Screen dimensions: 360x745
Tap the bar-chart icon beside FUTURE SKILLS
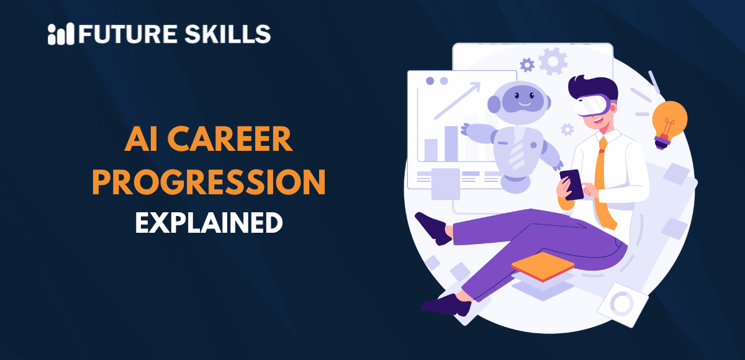pyautogui.click(x=60, y=34)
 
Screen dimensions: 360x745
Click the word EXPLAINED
pyautogui.click(x=209, y=222)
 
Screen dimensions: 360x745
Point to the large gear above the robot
pyautogui.click(x=553, y=61)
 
